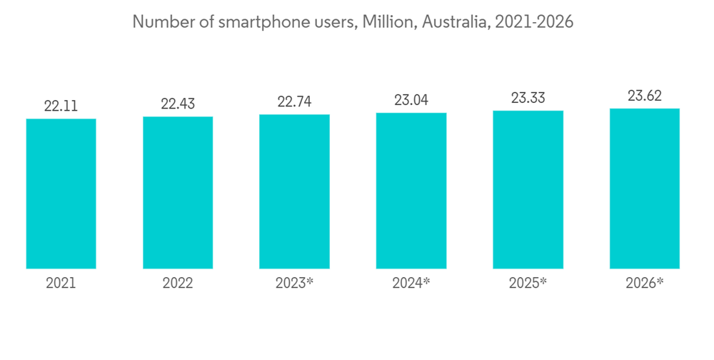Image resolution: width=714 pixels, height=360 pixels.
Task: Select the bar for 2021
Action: pyautogui.click(x=61, y=194)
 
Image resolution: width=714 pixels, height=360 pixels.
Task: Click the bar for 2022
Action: pyautogui.click(x=178, y=193)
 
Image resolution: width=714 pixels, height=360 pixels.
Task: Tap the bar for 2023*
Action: pyautogui.click(x=294, y=191)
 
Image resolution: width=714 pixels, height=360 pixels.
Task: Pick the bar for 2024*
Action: pyautogui.click(x=411, y=191)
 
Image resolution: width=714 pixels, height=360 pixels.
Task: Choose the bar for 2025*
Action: pyautogui.click(x=528, y=190)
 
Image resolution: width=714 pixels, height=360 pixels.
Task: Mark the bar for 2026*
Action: pyautogui.click(x=645, y=189)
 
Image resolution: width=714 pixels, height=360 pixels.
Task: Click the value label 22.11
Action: pyautogui.click(x=61, y=106)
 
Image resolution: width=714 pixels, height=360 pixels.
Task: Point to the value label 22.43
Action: pyautogui.click(x=178, y=104)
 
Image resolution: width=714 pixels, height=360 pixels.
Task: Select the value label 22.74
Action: pyautogui.click(x=294, y=101)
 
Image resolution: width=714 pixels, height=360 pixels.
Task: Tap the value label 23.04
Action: pyautogui.click(x=411, y=100)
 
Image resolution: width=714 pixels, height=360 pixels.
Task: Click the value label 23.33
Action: pyautogui.click(x=528, y=98)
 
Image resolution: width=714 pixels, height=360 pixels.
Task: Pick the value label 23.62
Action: pyautogui.click(x=645, y=96)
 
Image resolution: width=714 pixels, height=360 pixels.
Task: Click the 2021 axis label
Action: pyautogui.click(x=61, y=283)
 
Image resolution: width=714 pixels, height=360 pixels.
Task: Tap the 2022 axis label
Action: pyautogui.click(x=178, y=283)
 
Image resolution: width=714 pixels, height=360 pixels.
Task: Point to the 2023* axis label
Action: pyautogui.click(x=294, y=283)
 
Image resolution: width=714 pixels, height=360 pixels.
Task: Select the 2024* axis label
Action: pyautogui.click(x=411, y=283)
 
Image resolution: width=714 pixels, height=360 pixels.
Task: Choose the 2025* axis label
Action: pyautogui.click(x=528, y=283)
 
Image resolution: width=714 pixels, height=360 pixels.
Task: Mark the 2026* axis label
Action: pyautogui.click(x=645, y=283)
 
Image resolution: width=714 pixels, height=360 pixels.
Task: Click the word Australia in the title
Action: pyautogui.click(x=451, y=22)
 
